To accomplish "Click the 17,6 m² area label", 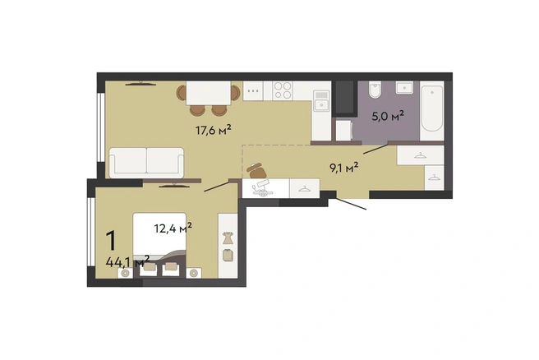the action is (x=213, y=130).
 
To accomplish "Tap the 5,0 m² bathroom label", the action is (x=388, y=116).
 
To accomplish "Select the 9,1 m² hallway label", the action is (x=344, y=168).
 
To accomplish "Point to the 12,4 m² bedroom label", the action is (x=173, y=228).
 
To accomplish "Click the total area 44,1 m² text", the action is (x=127, y=262).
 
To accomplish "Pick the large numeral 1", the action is (x=112, y=241).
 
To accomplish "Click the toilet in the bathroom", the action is (x=374, y=90).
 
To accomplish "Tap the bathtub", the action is (x=432, y=108).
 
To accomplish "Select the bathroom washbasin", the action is (x=404, y=88).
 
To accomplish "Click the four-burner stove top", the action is (x=283, y=90).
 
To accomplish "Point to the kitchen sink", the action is (x=322, y=101).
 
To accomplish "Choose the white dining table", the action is (x=209, y=93).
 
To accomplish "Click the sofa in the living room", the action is (x=146, y=163).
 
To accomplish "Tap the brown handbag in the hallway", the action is (x=256, y=170).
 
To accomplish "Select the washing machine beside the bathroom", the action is (x=344, y=130).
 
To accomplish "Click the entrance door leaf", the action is (x=351, y=204).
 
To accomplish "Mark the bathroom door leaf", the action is (x=376, y=149).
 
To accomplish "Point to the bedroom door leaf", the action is (x=217, y=186).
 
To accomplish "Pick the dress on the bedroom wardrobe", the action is (x=228, y=238).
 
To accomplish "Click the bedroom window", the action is (x=90, y=232).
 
